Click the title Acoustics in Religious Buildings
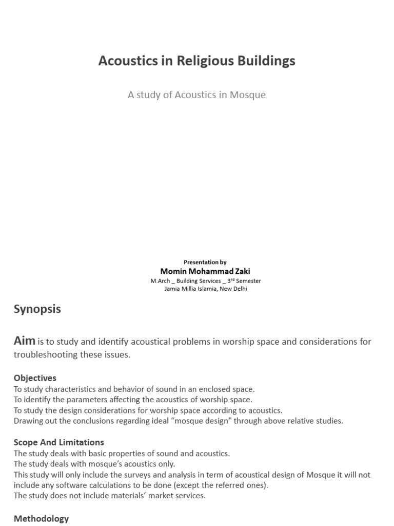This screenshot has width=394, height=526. (x=196, y=61)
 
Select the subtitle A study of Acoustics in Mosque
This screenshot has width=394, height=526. (x=196, y=95)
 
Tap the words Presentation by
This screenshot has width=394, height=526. (x=205, y=262)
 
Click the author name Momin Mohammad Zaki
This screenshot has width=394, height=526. (x=205, y=271)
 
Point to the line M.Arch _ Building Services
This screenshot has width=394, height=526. (x=205, y=281)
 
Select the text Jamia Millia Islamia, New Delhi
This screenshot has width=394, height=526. (x=205, y=289)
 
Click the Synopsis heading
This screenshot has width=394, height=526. (x=37, y=309)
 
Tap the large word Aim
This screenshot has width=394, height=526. (x=24, y=341)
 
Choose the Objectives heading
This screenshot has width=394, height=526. (x=35, y=378)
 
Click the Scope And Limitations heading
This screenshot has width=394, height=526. (x=58, y=442)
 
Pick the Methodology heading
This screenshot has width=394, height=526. (x=41, y=519)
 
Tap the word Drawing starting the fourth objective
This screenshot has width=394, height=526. (x=29, y=421)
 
